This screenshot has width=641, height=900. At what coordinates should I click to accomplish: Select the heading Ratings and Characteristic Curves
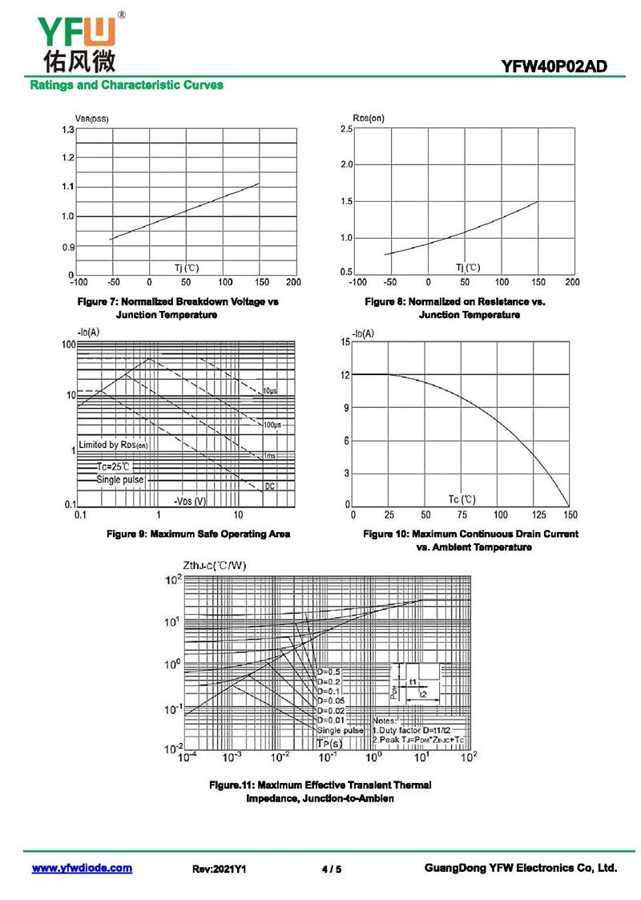(127, 85)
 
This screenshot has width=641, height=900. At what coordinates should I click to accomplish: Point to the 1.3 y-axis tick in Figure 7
(67, 130)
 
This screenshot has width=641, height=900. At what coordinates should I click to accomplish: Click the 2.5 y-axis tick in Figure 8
(346, 129)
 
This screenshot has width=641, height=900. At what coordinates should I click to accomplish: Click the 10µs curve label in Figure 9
(270, 391)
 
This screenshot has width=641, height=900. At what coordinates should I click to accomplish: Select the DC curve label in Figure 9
(270, 486)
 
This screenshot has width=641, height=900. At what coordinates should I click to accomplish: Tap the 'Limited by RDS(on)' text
(114, 444)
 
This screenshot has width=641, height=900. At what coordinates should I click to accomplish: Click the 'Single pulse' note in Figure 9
(120, 479)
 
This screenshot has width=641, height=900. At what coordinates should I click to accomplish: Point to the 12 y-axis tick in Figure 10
(345, 374)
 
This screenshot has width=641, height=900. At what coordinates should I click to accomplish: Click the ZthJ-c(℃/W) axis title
(215, 566)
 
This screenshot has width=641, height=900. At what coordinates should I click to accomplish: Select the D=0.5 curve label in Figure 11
(329, 672)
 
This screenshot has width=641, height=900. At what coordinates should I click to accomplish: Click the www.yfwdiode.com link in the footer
(82, 868)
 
